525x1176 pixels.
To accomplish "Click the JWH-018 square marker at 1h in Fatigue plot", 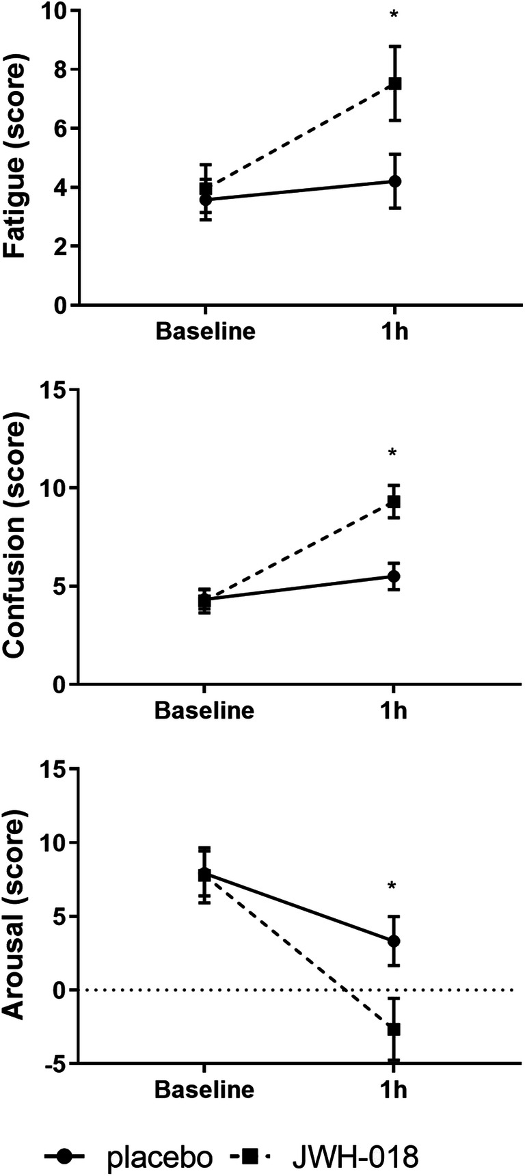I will [394, 83].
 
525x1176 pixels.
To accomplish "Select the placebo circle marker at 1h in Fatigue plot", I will [394, 181].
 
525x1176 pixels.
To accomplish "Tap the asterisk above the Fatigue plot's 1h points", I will [394, 14].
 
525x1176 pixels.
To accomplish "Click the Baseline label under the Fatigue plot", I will [205, 332].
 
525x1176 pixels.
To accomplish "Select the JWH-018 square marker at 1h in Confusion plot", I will [394, 502].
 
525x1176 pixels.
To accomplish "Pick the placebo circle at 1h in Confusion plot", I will [394, 576].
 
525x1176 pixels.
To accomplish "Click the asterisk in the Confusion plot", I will [393, 453].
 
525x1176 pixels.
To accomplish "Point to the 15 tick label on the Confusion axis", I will [54, 390].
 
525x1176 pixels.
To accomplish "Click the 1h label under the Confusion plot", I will [393, 710].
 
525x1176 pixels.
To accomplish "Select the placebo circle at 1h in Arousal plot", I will [394, 941].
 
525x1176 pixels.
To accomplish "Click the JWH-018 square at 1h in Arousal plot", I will [394, 1028].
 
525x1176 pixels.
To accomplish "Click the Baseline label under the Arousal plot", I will [204, 1089].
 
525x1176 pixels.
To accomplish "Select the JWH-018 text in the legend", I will [355, 1156].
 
